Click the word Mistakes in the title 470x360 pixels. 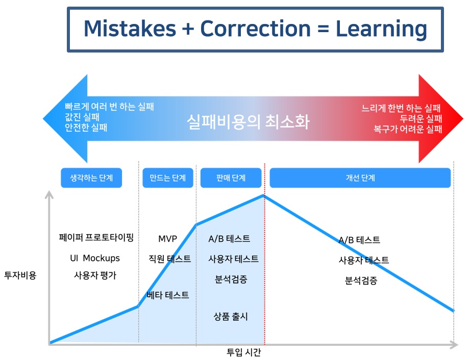130,29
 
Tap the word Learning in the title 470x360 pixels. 381,30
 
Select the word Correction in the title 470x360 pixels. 255,29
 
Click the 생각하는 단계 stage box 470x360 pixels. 91,178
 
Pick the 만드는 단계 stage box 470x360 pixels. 168,178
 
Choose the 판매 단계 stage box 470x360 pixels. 231,178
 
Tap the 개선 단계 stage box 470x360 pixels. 360,178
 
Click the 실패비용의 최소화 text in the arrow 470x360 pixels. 248,122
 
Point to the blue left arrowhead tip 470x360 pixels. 43,119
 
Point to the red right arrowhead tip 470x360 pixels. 463,119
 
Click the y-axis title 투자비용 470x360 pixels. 20,275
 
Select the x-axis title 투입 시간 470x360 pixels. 244,352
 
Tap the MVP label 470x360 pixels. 167,239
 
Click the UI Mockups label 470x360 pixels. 95,258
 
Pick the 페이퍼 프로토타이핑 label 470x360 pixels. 96,238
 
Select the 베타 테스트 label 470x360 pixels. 168,295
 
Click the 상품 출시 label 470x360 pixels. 231,317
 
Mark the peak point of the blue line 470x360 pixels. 264,196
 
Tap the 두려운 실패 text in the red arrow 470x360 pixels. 421,119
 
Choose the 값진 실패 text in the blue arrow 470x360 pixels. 82,117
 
